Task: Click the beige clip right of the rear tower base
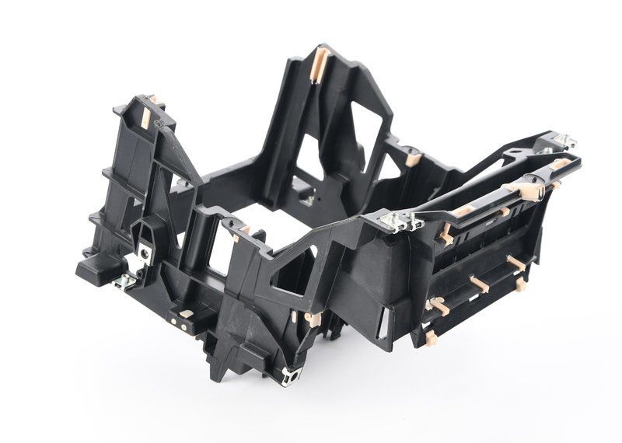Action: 412,159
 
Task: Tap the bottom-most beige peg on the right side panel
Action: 432,336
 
